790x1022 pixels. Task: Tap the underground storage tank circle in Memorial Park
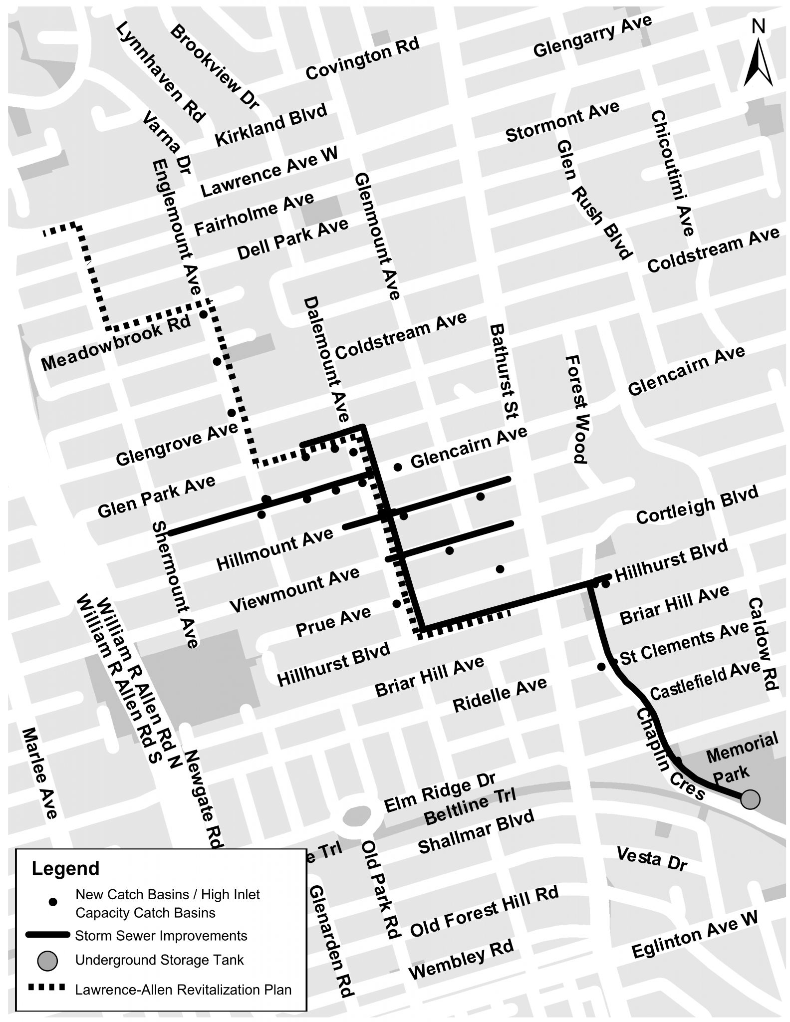point(750,799)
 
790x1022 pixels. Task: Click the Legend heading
point(65,868)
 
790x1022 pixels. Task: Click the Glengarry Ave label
point(592,35)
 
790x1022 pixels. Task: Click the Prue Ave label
point(333,621)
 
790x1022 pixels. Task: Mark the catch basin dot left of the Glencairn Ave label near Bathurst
point(398,467)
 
